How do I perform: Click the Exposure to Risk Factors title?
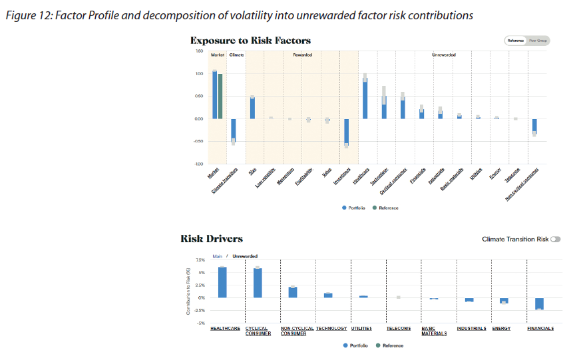tap(250, 41)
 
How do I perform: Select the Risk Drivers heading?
tap(212, 239)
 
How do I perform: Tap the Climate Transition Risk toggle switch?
tap(555, 239)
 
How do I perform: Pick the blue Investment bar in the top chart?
tap(346, 132)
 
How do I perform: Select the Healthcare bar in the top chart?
tap(365, 98)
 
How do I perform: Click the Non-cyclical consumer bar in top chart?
tap(534, 126)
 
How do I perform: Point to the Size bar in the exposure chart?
tap(252, 108)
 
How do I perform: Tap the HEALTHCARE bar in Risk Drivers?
tap(222, 282)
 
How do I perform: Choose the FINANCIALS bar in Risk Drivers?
tap(539, 303)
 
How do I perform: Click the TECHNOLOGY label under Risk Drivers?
tap(331, 329)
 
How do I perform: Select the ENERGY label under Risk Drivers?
tap(501, 329)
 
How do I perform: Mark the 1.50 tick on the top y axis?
tap(199, 51)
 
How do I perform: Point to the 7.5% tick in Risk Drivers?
tap(200, 260)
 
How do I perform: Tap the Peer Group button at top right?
tap(538, 41)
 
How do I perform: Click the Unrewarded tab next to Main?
tap(244, 256)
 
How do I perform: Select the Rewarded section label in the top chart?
tap(302, 55)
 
